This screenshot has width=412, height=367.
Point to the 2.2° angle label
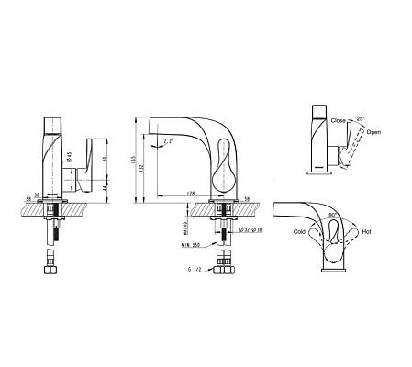tap(169, 142)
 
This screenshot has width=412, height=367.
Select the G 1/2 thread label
tap(191, 269)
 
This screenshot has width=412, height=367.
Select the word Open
tap(373, 133)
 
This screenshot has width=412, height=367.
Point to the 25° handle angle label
tap(362, 117)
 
